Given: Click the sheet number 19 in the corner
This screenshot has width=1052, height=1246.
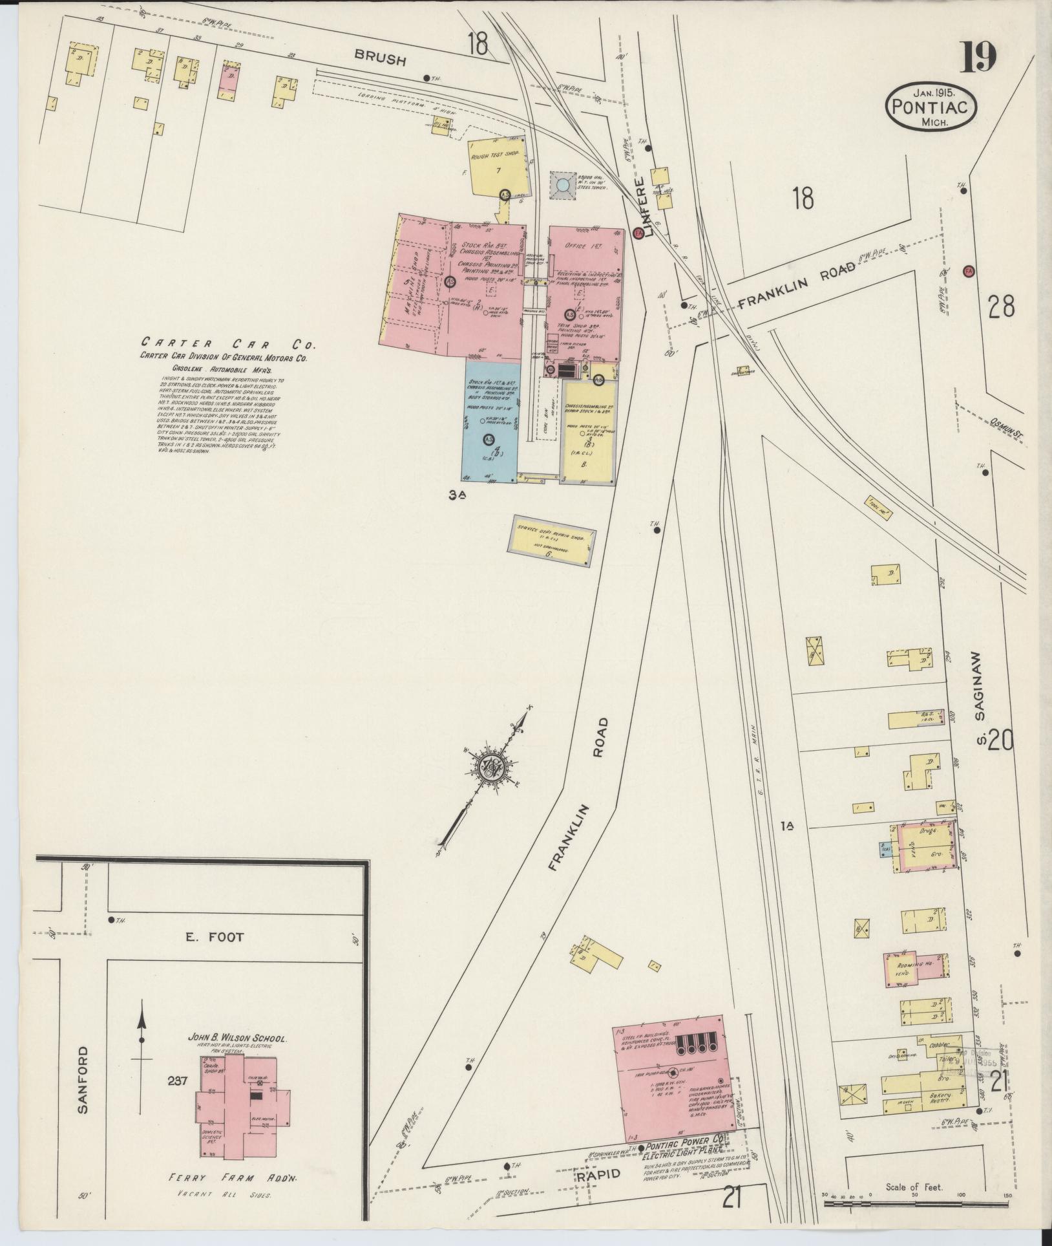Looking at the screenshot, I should tap(978, 58).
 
